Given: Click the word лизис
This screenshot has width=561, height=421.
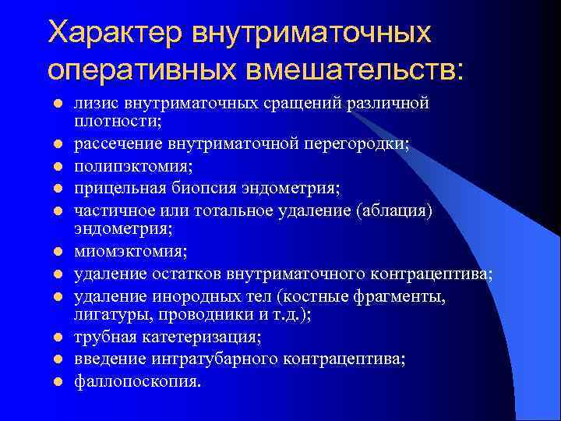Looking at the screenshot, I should (x=93, y=104).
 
